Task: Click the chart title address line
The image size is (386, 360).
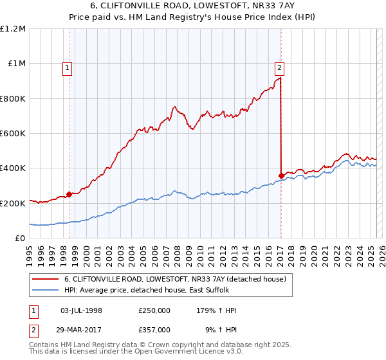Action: point(193,5)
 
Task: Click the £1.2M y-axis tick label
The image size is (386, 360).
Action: point(13,29)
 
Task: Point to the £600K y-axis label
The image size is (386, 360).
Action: point(13,134)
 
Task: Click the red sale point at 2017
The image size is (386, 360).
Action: point(281,175)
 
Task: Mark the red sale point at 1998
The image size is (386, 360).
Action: point(69,194)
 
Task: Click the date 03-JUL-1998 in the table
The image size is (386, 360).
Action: point(81,311)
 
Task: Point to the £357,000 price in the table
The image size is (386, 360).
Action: point(154,329)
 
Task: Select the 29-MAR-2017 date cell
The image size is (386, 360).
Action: point(81,329)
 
